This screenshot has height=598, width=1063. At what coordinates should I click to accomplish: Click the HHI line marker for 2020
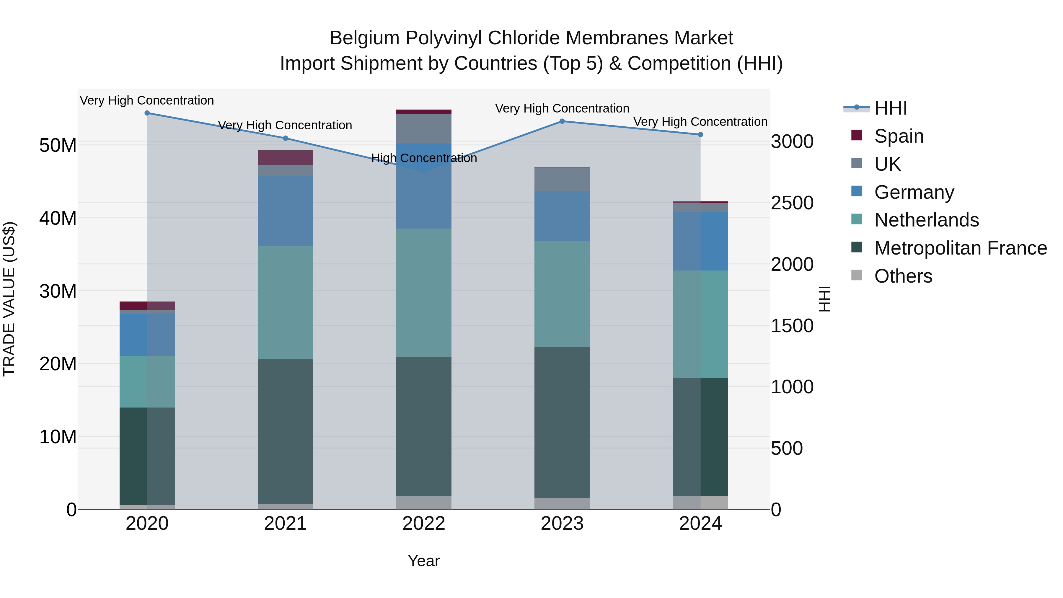[147, 113]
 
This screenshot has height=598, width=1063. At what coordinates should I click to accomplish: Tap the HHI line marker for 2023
[562, 121]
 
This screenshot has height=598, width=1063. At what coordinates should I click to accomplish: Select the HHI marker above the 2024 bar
[700, 135]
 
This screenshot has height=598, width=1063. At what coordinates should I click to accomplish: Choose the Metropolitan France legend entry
[960, 248]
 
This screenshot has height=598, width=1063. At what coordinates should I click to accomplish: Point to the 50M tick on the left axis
[58, 145]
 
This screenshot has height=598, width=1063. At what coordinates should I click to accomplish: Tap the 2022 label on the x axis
[423, 524]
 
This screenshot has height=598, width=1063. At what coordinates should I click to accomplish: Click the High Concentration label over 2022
[424, 158]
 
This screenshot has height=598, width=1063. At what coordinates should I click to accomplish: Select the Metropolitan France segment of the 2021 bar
[285, 431]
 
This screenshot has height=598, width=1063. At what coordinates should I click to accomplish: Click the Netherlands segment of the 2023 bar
[562, 294]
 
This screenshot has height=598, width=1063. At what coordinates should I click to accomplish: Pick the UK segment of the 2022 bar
[423, 128]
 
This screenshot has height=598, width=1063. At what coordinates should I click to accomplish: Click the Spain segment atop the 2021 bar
[285, 158]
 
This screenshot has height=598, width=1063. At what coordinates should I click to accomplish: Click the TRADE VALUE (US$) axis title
[9, 299]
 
